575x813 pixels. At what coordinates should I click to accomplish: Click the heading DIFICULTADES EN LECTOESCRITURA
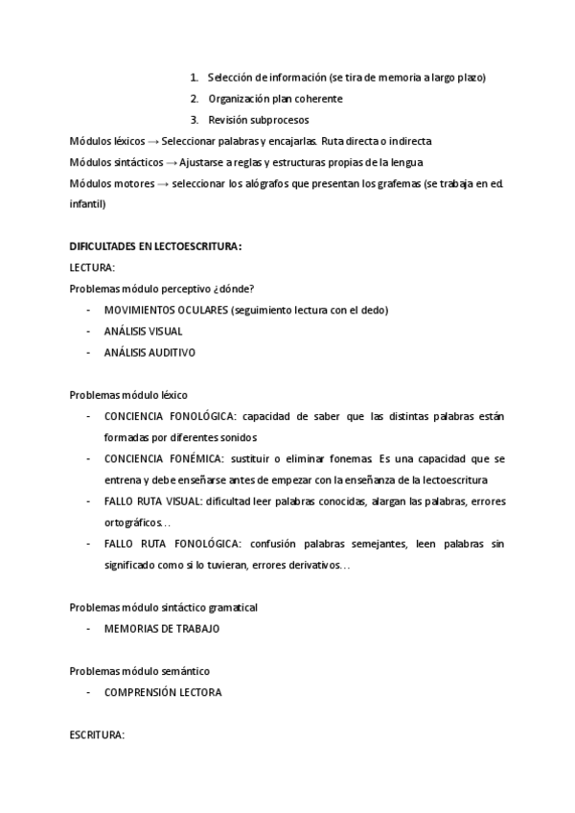155,246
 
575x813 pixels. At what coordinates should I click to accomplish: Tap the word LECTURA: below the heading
92,267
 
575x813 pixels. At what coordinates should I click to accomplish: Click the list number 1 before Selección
194,78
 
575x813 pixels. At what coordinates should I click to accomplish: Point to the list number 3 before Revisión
194,120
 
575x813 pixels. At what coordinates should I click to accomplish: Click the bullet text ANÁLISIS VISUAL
144,331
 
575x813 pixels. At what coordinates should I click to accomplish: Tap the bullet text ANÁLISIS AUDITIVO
149,352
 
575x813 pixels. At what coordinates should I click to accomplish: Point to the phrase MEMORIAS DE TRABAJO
162,628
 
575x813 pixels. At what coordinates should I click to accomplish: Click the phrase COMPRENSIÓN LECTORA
163,691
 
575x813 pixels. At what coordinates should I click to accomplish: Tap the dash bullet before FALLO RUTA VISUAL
89,501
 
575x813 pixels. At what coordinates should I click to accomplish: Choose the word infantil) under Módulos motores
87,204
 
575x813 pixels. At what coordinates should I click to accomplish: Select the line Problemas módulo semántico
140,670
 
